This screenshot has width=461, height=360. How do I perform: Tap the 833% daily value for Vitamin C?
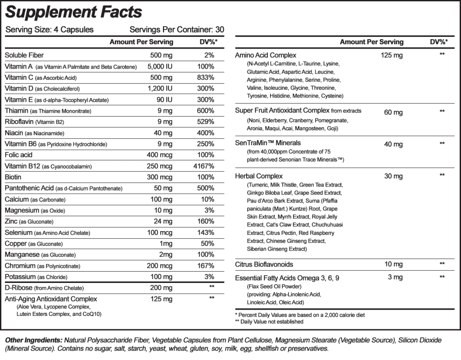coord(205,77)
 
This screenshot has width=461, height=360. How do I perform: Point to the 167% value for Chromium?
coord(205,266)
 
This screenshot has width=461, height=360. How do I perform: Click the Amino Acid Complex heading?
coord(266,55)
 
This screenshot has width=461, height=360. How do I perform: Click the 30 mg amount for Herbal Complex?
coord(393,176)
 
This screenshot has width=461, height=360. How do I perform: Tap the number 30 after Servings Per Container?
coord(220,30)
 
